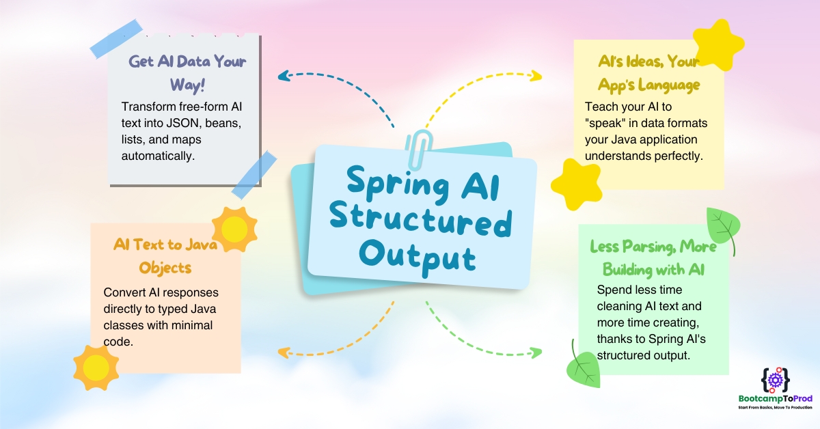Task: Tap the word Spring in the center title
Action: coord(398,186)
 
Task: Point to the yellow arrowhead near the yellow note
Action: coord(536,76)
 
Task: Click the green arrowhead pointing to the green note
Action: coord(536,352)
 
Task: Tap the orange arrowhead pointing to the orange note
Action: coord(284,352)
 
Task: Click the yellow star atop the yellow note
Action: coord(718,44)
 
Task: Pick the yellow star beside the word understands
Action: coord(577,185)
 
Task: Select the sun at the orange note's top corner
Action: coord(234,229)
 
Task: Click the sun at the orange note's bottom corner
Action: coord(96,368)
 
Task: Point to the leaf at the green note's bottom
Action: coord(583,366)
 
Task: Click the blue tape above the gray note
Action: coord(116,38)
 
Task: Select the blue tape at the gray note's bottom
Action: coord(254,175)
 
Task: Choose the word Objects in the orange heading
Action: coord(165,268)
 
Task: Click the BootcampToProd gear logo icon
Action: coord(776,380)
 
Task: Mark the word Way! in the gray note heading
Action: coord(187,85)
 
